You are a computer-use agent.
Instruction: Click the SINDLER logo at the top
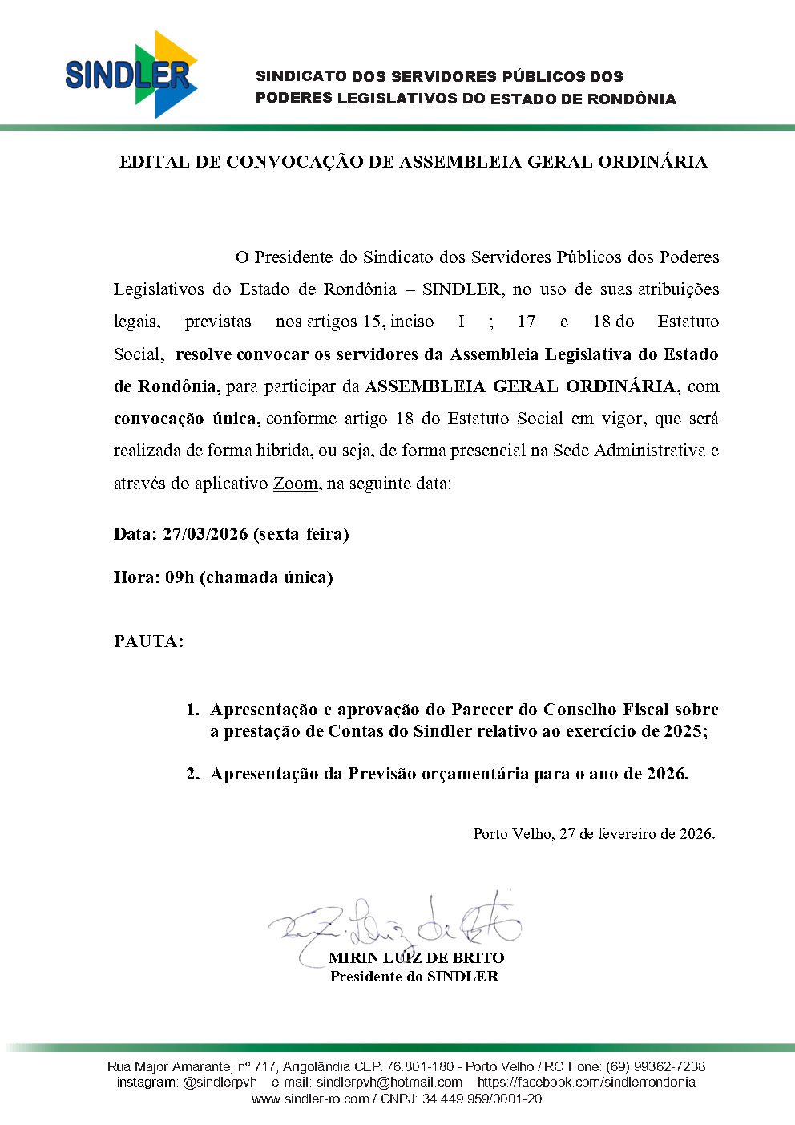131,75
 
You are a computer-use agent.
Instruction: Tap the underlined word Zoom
296,484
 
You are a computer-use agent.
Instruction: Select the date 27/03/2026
205,534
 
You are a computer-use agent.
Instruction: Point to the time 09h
180,577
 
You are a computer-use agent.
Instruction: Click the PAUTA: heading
149,641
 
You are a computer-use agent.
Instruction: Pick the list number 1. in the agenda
192,710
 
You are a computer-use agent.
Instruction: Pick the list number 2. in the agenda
192,774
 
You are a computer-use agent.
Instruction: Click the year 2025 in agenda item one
683,731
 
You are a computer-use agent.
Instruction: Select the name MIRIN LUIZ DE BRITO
416,957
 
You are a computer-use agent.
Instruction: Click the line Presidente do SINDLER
414,977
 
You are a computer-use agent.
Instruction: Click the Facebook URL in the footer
587,1082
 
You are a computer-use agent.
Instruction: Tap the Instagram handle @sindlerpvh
220,1082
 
